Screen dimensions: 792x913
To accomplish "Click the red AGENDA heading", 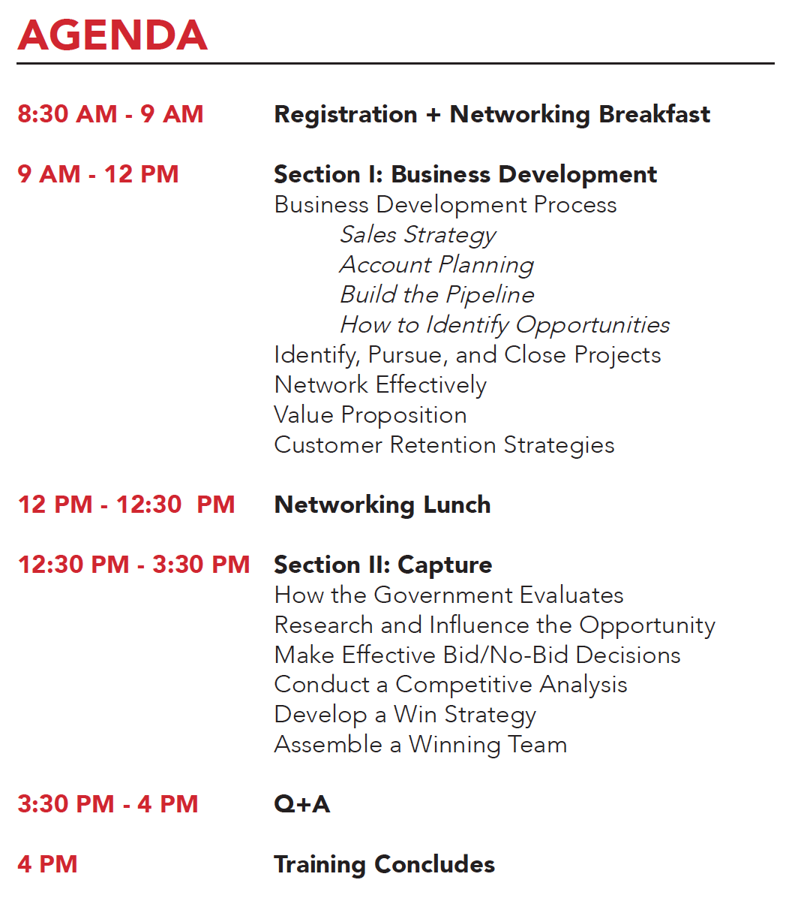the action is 112,35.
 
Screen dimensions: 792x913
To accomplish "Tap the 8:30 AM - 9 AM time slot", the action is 110,114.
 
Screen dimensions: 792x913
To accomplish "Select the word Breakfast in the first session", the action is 654,114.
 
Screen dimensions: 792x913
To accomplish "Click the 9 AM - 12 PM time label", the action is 98,174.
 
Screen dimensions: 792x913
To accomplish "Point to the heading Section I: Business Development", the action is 465,174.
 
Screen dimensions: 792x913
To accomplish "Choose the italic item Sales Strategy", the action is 418,235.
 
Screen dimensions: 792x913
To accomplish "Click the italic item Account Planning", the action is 436,265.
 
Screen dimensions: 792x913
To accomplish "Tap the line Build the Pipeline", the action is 436,294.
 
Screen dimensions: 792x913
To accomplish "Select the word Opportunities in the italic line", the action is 592,325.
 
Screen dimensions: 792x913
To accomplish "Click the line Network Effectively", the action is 380,384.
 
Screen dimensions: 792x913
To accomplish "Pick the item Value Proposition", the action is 370,415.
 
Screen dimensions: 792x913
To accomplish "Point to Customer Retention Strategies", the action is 444,445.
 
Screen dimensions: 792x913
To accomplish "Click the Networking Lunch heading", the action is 382,505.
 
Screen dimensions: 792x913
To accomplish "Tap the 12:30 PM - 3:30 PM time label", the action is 133,565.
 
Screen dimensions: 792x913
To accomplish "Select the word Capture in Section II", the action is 445,565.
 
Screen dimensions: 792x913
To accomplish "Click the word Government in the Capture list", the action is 443,595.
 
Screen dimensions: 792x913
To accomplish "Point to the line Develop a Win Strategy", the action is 405,716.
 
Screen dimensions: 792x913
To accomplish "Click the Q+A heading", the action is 301,804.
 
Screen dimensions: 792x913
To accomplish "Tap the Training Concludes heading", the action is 384,864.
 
